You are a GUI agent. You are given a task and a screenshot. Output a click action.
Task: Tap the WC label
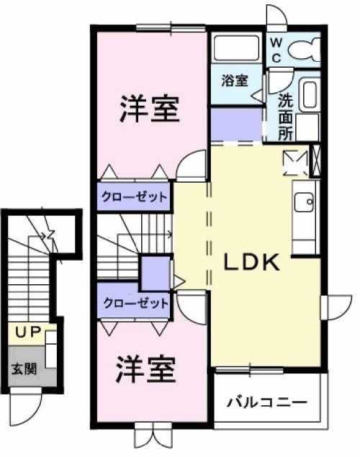click(276, 50)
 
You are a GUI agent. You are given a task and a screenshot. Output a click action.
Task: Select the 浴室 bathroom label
click(235, 81)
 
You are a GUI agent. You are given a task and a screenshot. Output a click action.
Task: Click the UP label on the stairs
click(27, 333)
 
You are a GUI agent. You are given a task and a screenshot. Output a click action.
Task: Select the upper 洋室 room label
click(149, 110)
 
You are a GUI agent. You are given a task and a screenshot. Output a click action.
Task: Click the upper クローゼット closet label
click(135, 196)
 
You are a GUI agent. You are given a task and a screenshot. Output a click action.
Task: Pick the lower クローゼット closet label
click(135, 303)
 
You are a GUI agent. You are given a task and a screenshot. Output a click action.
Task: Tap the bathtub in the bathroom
click(235, 47)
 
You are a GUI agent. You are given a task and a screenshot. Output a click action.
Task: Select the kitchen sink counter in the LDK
click(304, 216)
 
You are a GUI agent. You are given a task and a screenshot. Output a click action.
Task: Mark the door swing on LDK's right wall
click(334, 308)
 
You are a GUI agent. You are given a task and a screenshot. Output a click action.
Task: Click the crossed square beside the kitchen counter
click(295, 162)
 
